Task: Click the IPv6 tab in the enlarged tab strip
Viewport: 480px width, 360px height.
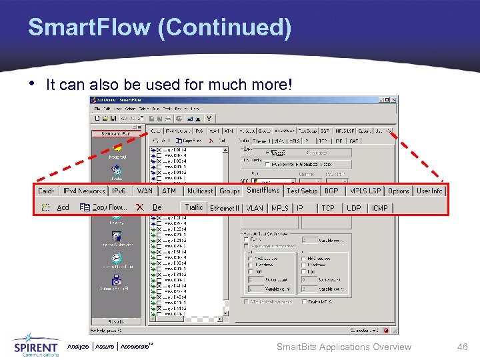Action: click(x=119, y=191)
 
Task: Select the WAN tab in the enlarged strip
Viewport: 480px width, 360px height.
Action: click(x=144, y=191)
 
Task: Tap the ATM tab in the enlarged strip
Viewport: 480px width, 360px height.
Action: click(x=169, y=191)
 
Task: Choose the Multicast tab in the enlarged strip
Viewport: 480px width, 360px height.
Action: click(x=200, y=191)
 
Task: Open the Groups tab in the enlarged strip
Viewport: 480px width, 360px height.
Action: click(x=230, y=191)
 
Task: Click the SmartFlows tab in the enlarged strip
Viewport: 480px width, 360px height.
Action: click(x=263, y=191)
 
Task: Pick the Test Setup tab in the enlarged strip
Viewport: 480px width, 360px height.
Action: click(x=302, y=191)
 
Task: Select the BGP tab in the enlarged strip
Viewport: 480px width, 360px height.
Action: click(x=331, y=191)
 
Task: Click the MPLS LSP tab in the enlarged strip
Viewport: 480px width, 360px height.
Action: click(x=365, y=191)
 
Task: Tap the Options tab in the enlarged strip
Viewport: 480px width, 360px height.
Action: click(x=399, y=191)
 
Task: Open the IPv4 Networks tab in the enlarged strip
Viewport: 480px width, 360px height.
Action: click(x=83, y=191)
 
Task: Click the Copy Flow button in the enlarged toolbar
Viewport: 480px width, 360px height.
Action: click(x=104, y=208)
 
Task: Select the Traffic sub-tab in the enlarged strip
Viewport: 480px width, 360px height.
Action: click(x=194, y=208)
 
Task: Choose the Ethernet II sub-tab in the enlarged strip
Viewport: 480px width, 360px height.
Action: click(x=225, y=208)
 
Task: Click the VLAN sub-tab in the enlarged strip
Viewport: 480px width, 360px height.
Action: click(x=255, y=208)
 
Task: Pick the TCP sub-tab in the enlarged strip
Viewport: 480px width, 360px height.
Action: click(x=328, y=208)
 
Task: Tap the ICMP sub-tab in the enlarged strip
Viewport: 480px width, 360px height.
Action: click(x=380, y=208)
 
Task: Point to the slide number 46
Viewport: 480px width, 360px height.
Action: click(x=463, y=347)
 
